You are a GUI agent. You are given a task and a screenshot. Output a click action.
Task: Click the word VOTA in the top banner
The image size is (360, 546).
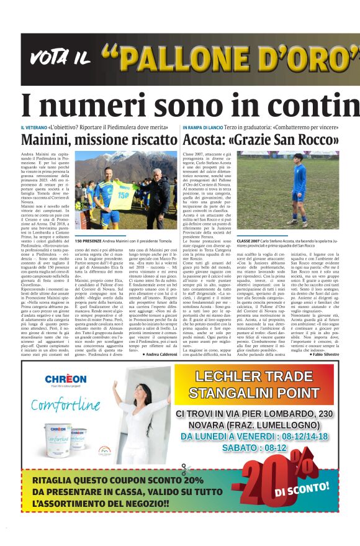click(x=49, y=58)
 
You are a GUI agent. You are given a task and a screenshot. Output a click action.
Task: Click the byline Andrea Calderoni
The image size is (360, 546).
click(x=160, y=354)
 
